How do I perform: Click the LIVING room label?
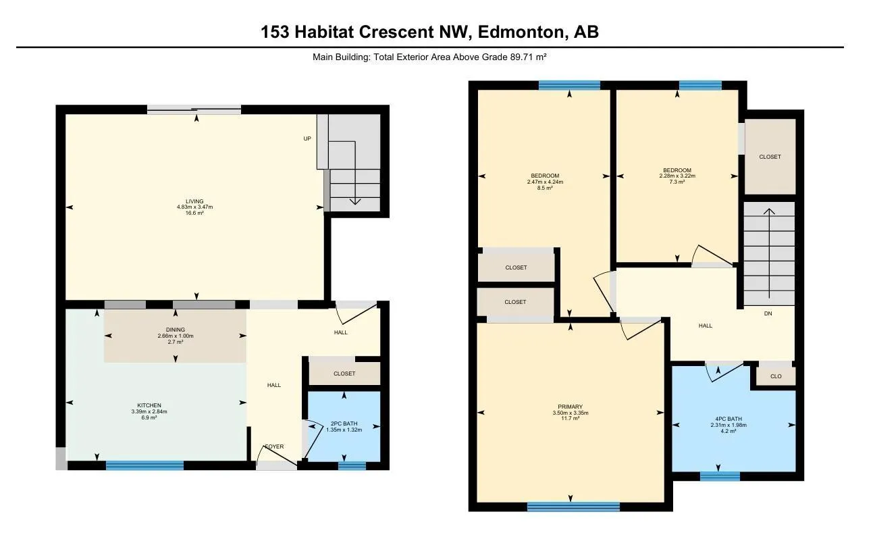[x=195, y=201]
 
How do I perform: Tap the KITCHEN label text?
[x=149, y=405]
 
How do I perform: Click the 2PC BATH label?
[x=344, y=423]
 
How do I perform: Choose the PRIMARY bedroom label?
[x=571, y=407]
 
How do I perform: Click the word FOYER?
[x=274, y=446]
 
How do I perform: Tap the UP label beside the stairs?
[x=307, y=138]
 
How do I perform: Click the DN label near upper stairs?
[x=768, y=313]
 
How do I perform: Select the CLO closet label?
[x=776, y=376]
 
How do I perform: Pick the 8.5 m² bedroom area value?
[x=545, y=188]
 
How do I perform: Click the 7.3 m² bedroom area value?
[x=677, y=182]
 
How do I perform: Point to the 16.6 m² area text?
[x=195, y=213]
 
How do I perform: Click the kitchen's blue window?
[x=144, y=465]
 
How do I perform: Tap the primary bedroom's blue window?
[x=573, y=507]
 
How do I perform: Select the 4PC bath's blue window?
[x=720, y=476]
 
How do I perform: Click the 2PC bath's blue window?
[x=351, y=465]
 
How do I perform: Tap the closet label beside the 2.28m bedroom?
[x=770, y=157]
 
